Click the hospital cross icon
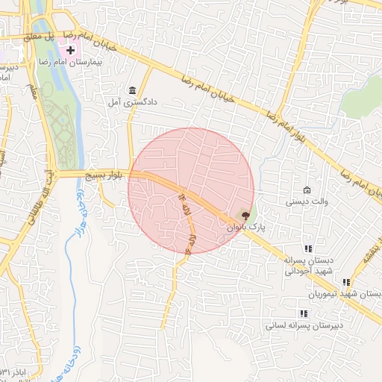[70, 50]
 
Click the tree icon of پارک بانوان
[247, 215]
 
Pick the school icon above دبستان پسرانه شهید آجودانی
[307, 248]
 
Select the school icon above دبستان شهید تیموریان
[345, 282]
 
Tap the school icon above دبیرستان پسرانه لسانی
[304, 314]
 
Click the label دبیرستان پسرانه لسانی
[305, 326]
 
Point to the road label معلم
[34, 90]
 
